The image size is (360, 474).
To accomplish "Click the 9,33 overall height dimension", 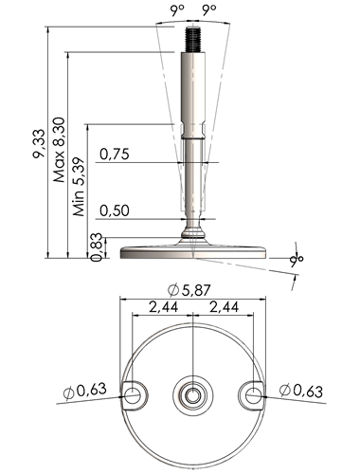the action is coord(39,144).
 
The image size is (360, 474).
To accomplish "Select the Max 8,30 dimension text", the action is coord(60,150).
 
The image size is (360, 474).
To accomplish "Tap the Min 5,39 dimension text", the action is coord(80,187).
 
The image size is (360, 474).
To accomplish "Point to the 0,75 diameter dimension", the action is coord(115,155).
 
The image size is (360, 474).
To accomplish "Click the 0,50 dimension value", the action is coord(115,210).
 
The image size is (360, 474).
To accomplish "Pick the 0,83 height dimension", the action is coord(97,247).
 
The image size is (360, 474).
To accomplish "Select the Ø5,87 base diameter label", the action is coord(189,290).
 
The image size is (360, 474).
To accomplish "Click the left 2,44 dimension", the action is coord(163,307).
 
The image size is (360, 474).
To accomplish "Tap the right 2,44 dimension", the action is coord(224,307).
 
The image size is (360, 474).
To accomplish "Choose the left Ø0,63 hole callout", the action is coord(84,391).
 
